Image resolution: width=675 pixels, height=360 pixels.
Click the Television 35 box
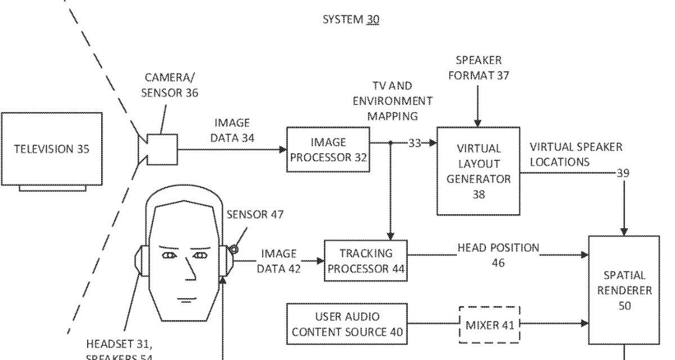tap(52, 149)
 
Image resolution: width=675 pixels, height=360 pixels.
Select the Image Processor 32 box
tap(328, 150)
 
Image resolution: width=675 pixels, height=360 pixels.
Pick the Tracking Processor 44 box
tap(366, 260)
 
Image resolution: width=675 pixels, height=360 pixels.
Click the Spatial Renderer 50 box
tap(624, 290)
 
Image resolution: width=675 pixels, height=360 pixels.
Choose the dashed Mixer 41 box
tap(488, 325)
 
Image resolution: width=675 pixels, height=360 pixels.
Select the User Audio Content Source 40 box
tap(347, 325)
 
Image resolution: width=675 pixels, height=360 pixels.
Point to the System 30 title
tap(350, 20)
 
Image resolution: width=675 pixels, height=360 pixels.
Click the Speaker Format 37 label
tap(479, 67)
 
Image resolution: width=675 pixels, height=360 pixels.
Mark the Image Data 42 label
tap(278, 261)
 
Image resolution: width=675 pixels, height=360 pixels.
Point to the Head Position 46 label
tap(498, 254)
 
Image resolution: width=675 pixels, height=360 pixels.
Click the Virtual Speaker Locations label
tap(576, 154)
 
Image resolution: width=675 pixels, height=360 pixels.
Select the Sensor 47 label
tap(255, 214)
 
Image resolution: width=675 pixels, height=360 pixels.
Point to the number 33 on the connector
tap(415, 143)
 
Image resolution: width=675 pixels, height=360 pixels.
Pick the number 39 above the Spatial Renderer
tap(623, 174)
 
